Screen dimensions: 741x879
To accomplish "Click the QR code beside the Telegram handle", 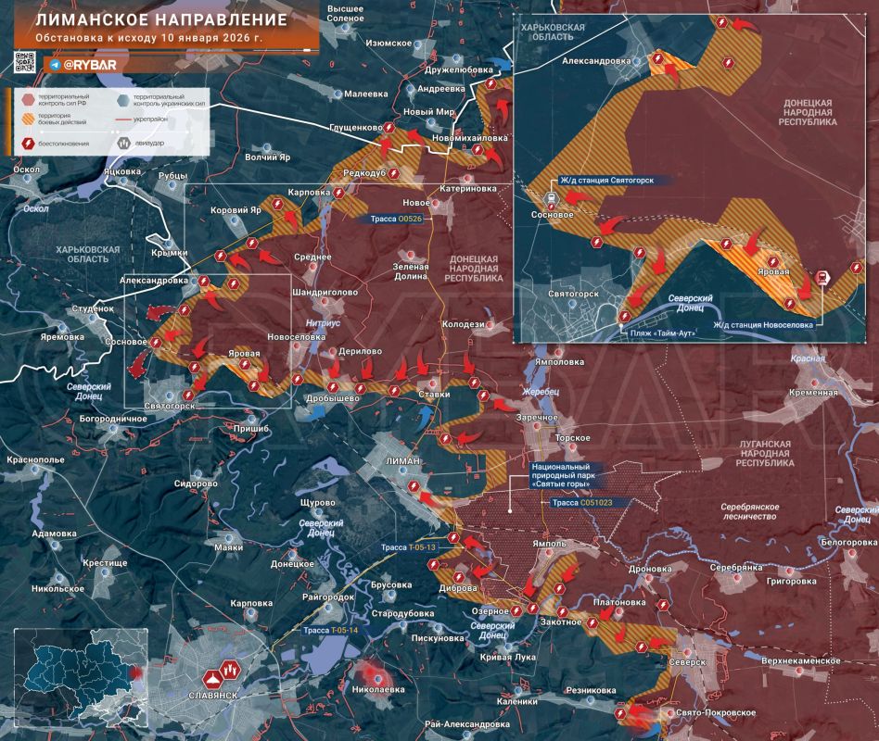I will click(x=25, y=63).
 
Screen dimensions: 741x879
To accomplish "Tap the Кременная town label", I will click(x=815, y=393).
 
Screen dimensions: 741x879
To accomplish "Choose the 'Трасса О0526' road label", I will click(x=397, y=220).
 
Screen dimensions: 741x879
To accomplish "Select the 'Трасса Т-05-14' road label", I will click(x=330, y=630).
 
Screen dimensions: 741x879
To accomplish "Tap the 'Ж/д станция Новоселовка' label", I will click(x=764, y=324).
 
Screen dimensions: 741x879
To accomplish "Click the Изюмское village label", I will click(x=389, y=43).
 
